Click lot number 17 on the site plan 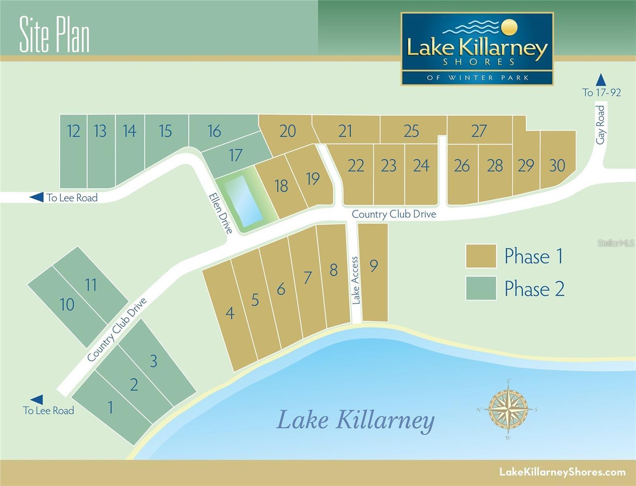point(236,155)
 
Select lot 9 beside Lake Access point(374,266)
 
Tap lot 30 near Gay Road point(557,165)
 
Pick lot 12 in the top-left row point(73,131)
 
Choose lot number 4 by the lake point(230,313)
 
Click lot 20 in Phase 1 point(287,131)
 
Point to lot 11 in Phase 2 point(91,285)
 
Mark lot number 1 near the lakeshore point(110,407)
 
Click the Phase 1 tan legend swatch point(481,256)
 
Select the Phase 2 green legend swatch point(481,288)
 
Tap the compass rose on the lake point(508,409)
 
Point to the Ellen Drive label point(221,213)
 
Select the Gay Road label point(600,124)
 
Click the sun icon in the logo point(510,27)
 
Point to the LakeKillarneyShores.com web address point(562,472)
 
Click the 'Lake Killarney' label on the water point(355,420)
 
